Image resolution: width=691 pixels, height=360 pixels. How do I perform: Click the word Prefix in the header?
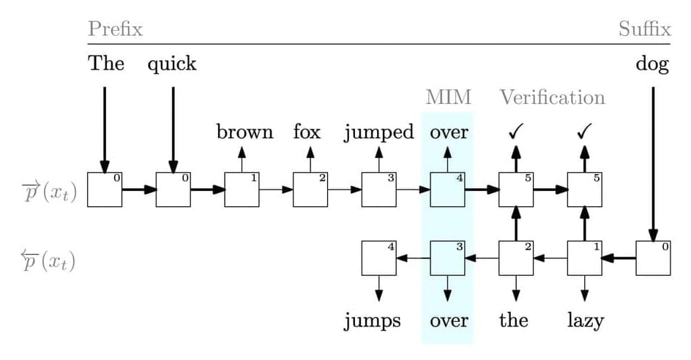click(115, 29)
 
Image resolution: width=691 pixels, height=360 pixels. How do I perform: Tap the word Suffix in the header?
click(644, 29)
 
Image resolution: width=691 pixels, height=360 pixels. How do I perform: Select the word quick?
click(172, 64)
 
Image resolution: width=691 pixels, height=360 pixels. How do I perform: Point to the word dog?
click(652, 64)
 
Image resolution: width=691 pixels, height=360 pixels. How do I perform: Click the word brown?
click(244, 132)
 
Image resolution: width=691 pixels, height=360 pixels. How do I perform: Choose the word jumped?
click(378, 133)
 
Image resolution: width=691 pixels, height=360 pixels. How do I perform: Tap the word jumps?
click(373, 321)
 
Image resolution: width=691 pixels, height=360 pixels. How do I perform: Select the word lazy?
click(585, 320)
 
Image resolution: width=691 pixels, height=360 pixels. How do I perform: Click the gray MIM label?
click(448, 97)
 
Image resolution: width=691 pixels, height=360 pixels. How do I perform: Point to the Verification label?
click(553, 97)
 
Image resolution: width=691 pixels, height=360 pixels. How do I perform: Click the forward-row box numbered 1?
click(242, 190)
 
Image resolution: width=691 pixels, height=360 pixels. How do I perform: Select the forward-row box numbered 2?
click(310, 190)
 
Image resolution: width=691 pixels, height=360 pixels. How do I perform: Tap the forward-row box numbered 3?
click(379, 190)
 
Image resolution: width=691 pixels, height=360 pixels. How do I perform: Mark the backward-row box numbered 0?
click(653, 258)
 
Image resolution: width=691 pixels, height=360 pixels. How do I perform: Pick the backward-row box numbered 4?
click(379, 258)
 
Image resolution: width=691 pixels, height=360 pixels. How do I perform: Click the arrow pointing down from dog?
click(653, 161)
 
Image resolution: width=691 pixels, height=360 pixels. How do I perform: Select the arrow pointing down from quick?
click(173, 128)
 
